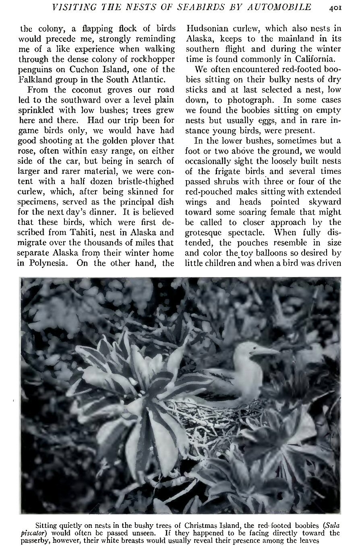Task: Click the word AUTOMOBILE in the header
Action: (x=278, y=7)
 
